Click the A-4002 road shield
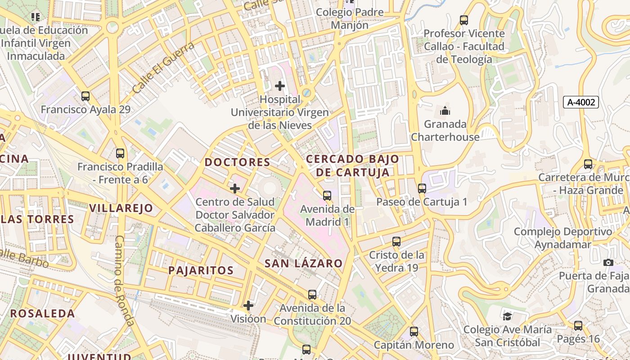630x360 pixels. [x=580, y=102]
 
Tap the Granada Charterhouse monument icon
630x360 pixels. [x=445, y=110]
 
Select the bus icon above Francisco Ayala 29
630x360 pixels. [x=85, y=96]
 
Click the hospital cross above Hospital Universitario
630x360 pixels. [x=280, y=85]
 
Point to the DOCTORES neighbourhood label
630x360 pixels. [x=238, y=162]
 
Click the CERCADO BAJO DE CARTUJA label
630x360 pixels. [x=352, y=165]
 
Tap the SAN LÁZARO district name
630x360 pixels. [x=303, y=263]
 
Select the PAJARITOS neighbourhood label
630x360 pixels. [x=201, y=270]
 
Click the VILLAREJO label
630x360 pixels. [x=121, y=208]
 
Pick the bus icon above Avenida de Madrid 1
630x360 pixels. [x=327, y=196]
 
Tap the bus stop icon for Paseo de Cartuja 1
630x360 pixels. [x=422, y=189]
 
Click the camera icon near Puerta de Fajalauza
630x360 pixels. [x=608, y=262]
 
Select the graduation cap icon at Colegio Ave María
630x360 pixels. [x=507, y=316]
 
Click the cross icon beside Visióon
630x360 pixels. [x=248, y=306]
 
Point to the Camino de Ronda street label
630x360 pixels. [x=124, y=280]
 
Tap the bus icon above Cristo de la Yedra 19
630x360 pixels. [x=396, y=242]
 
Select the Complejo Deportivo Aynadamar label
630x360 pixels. [x=563, y=238]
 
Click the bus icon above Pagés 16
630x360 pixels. [x=578, y=325]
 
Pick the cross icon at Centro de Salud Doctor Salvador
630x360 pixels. [x=234, y=189]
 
